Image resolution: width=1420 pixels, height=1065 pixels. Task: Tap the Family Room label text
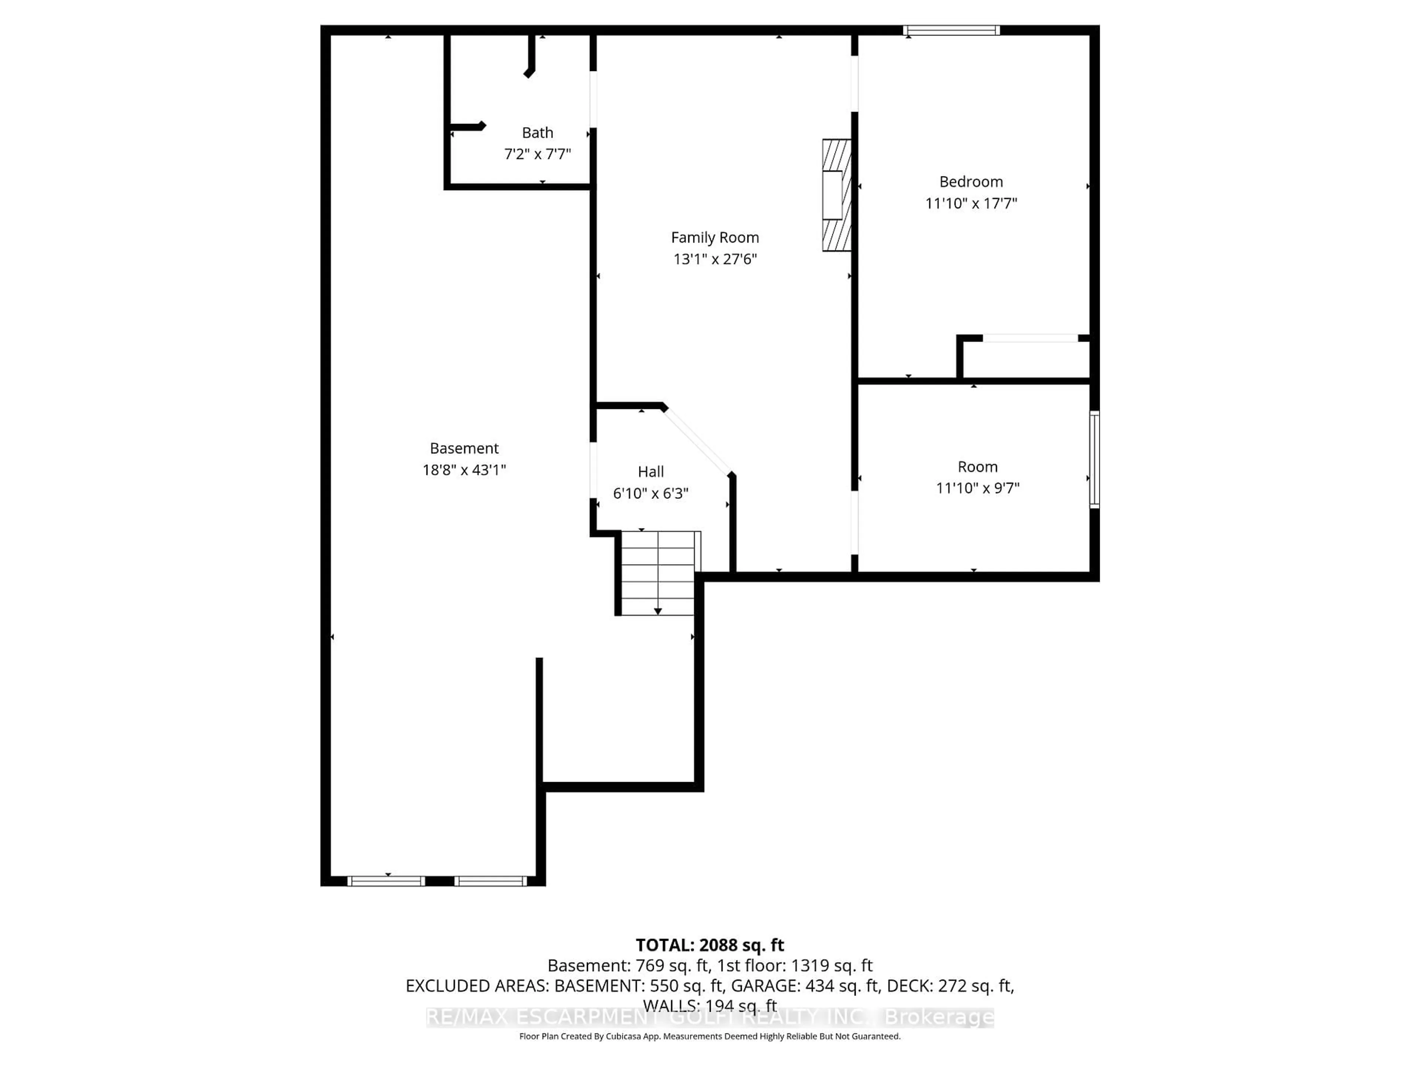(x=714, y=237)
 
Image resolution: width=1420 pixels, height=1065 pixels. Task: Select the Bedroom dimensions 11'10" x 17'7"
(x=971, y=203)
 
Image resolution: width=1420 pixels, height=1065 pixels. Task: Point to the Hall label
(x=650, y=472)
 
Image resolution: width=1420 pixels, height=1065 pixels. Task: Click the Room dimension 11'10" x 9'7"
(x=977, y=488)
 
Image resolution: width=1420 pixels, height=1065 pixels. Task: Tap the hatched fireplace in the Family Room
(x=836, y=195)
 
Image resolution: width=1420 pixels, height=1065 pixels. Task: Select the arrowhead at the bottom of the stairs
(x=657, y=611)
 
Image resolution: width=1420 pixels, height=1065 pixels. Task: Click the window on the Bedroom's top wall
(x=951, y=30)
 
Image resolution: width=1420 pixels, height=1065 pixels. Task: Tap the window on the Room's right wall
(x=1095, y=460)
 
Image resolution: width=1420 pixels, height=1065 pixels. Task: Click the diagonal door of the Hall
(x=697, y=441)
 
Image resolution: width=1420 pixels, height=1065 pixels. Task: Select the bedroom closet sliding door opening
(x=1030, y=338)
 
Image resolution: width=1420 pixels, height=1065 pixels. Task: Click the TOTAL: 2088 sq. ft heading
(x=709, y=945)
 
